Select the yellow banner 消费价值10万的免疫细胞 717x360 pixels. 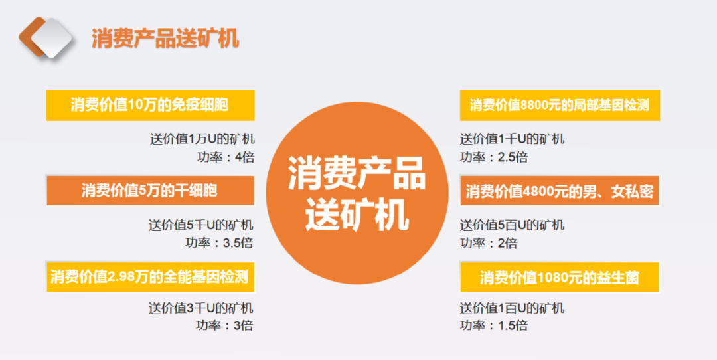[149, 105]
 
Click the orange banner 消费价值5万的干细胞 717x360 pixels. [149, 191]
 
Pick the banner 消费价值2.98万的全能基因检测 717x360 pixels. [149, 276]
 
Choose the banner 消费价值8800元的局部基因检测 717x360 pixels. [560, 105]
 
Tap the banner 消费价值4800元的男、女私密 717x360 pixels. [560, 192]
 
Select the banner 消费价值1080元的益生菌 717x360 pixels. [560, 276]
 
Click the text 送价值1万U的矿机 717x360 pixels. [202, 139]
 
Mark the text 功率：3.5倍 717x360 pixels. [219, 242]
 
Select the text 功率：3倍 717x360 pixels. [224, 325]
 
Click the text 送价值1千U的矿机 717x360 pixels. [513, 139]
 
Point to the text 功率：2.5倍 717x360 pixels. [495, 157]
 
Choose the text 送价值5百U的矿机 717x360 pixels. [513, 225]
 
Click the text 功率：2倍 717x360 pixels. [489, 242]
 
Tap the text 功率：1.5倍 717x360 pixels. [495, 325]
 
